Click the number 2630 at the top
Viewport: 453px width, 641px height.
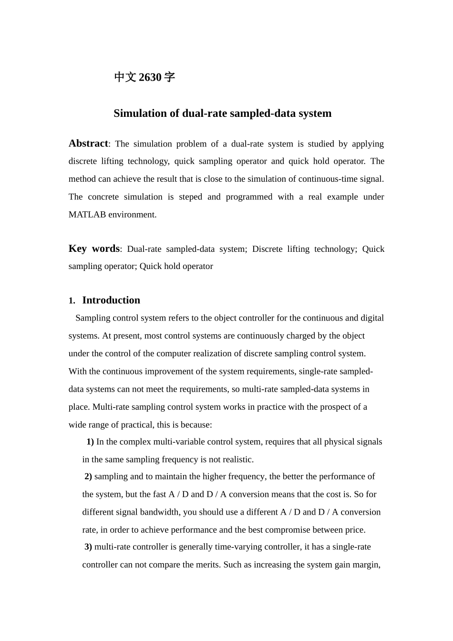pyautogui.click(x=150, y=77)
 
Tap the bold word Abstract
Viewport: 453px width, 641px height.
pyautogui.click(x=88, y=144)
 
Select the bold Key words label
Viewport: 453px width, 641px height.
pyautogui.click(x=94, y=248)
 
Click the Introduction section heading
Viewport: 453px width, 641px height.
pyautogui.click(x=111, y=300)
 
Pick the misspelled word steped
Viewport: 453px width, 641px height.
pyautogui.click(x=190, y=197)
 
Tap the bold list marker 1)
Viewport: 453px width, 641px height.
pyautogui.click(x=90, y=442)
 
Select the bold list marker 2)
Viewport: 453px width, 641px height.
pyautogui.click(x=88, y=476)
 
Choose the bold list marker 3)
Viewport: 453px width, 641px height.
pyautogui.click(x=88, y=547)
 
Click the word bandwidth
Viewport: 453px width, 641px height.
pyautogui.click(x=160, y=512)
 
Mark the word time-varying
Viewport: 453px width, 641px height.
pyautogui.click(x=247, y=547)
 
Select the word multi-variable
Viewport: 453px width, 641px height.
pyautogui.click(x=183, y=442)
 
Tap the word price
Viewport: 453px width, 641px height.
pyautogui.click(x=354, y=530)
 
